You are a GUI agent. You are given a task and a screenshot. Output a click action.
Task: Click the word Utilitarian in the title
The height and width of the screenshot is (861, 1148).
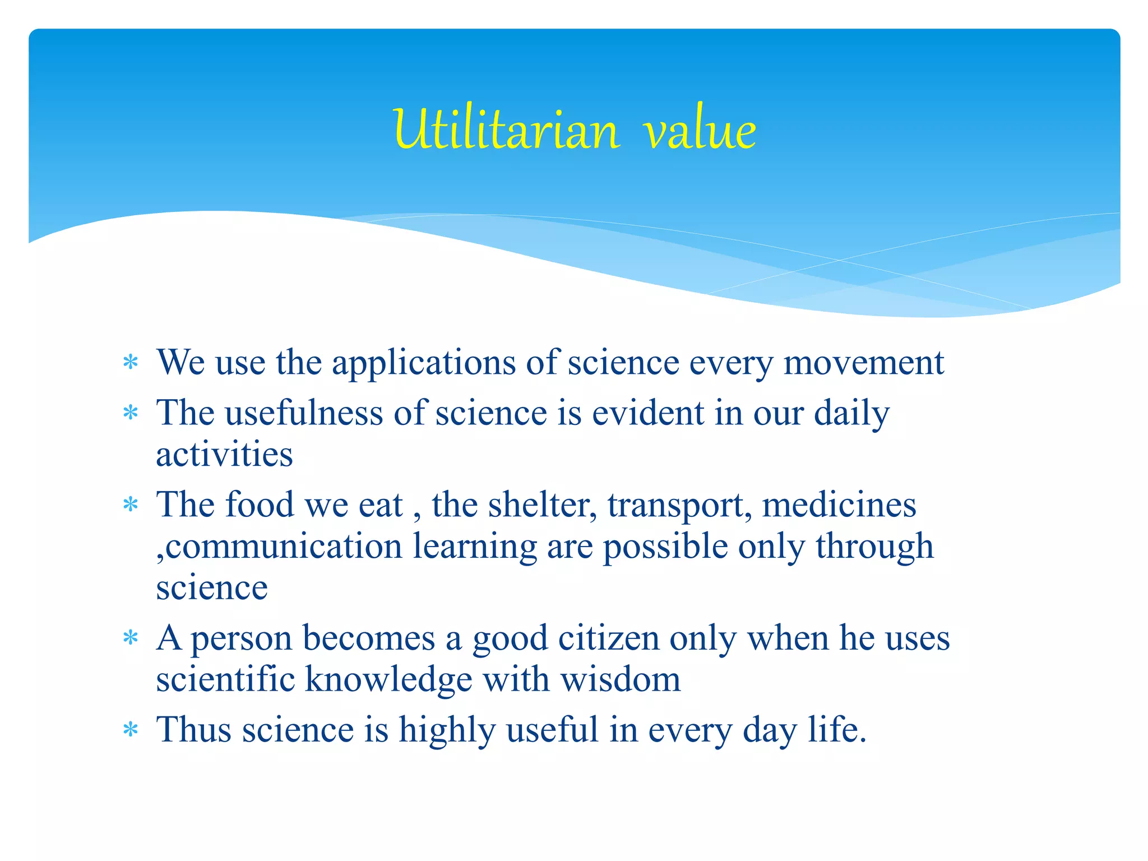pos(506,130)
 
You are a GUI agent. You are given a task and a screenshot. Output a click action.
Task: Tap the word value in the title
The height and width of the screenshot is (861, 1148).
pos(700,130)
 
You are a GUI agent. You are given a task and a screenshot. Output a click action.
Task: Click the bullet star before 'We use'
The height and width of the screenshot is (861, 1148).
pos(131,363)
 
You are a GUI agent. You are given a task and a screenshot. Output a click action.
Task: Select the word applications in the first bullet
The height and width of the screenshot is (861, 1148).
pos(423,363)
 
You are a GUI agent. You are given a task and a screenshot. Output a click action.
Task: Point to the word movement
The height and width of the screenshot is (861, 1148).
pos(863,362)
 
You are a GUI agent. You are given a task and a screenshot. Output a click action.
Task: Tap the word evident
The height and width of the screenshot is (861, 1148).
pos(648,413)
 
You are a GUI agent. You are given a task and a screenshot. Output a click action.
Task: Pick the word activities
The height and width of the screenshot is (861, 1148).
pos(224,454)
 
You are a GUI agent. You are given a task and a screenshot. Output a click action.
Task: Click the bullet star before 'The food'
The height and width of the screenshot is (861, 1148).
pos(131,505)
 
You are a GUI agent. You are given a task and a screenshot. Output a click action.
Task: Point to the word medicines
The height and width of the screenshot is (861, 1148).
pos(839,504)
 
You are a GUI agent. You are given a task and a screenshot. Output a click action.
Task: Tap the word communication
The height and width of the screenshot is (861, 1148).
pos(284,546)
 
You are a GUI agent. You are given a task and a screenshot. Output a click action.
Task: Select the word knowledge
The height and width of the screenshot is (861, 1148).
pos(388,680)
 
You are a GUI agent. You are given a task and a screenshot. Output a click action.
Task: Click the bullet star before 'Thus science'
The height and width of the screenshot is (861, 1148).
pos(131,730)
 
